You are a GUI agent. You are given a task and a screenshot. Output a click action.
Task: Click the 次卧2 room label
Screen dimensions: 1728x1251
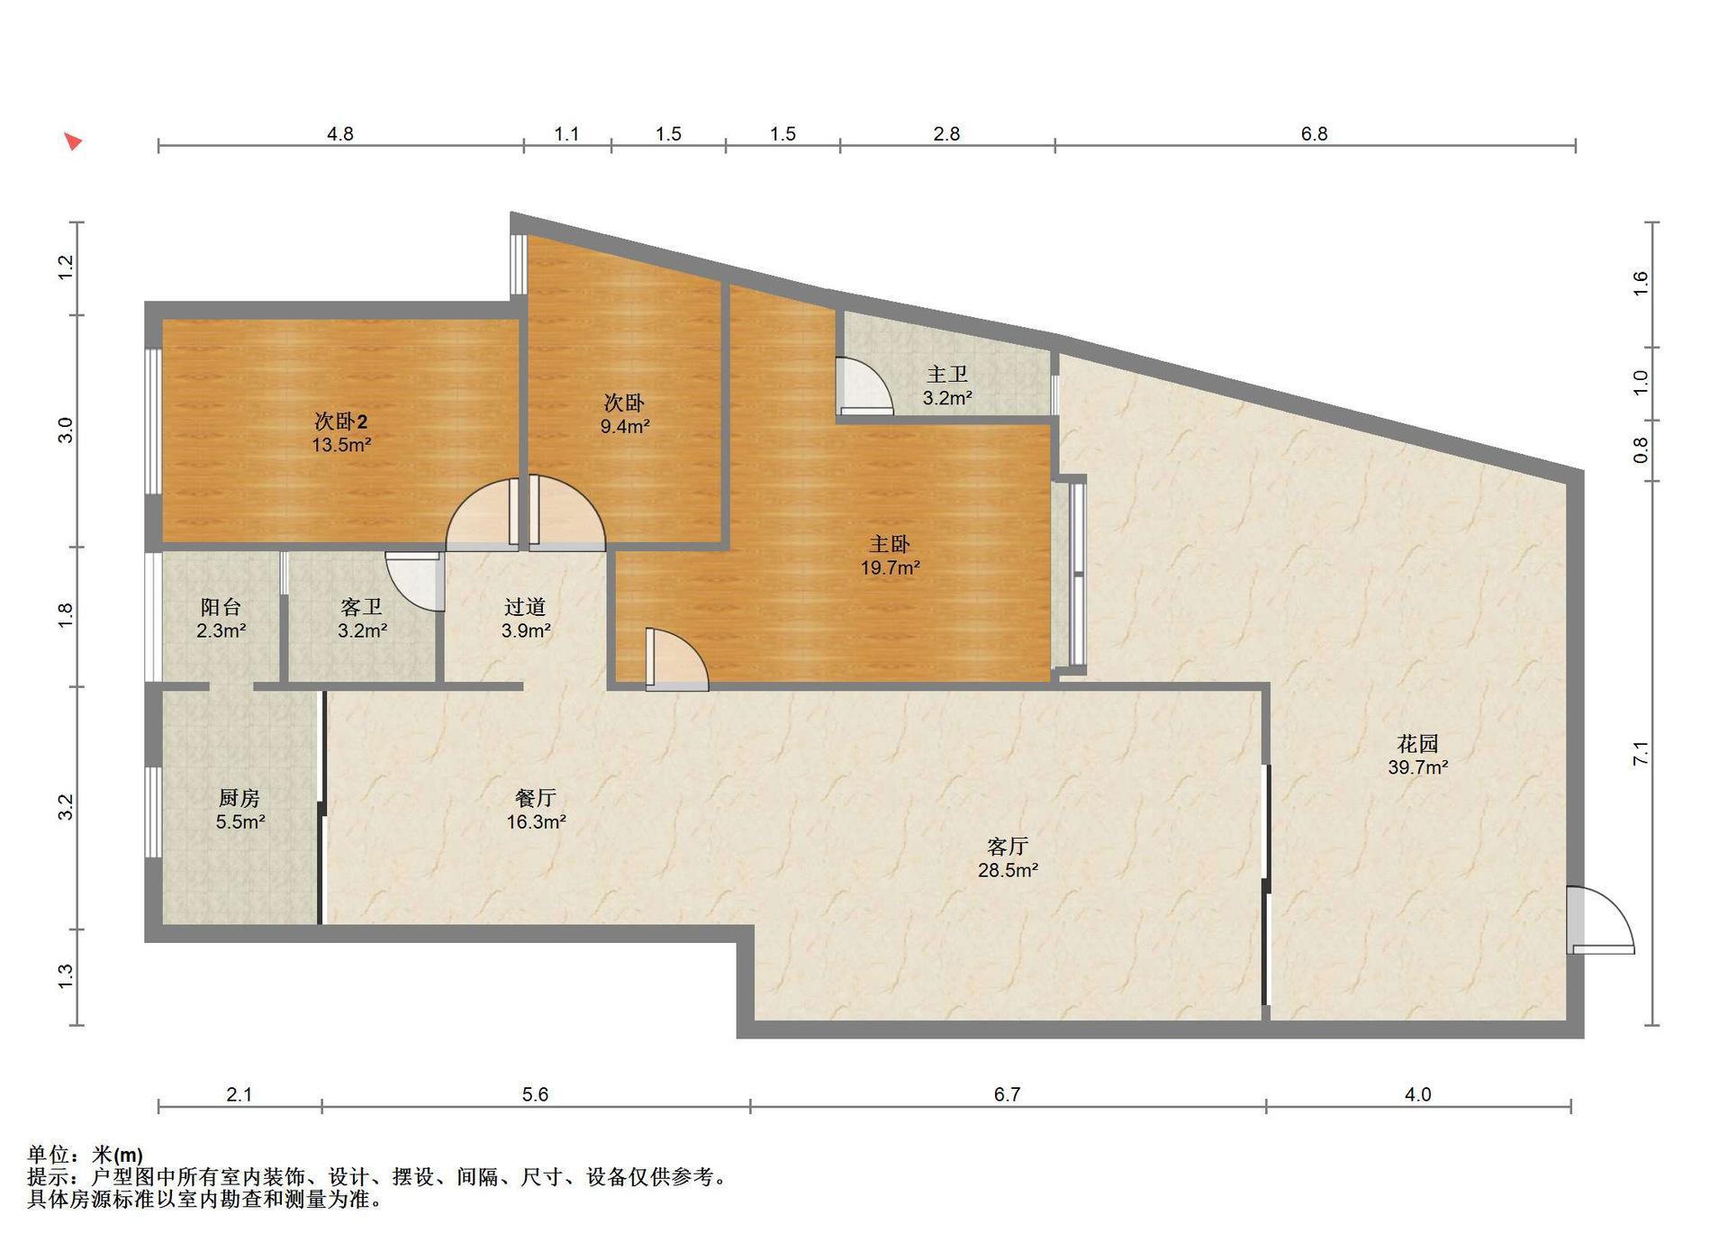(340, 421)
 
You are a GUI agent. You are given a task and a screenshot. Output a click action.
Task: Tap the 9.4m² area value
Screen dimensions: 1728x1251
(625, 426)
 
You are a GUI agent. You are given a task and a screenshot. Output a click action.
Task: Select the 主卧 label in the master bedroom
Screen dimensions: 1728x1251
(890, 544)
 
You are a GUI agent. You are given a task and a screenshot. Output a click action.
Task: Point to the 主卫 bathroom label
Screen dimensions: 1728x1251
(947, 374)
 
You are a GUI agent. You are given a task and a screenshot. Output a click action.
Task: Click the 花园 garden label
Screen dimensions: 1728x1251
(1417, 744)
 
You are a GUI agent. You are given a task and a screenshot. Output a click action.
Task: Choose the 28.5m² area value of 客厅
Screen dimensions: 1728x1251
(1008, 870)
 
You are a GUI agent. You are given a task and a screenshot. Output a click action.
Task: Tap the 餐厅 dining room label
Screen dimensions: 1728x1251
(536, 798)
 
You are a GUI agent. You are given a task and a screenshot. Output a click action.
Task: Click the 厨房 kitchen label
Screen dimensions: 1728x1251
(240, 798)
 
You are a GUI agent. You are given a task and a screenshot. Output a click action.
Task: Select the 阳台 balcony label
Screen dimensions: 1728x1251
(221, 607)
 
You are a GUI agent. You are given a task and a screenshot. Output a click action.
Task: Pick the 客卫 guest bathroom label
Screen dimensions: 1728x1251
(362, 607)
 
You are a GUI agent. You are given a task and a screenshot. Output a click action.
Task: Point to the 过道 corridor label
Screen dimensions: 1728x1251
(525, 607)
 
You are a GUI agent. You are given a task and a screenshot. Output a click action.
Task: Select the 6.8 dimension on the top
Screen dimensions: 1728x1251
(1314, 134)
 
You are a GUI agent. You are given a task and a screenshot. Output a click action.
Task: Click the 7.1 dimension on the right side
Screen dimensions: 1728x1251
(1641, 754)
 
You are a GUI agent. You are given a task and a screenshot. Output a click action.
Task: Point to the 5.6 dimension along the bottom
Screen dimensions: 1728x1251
(535, 1094)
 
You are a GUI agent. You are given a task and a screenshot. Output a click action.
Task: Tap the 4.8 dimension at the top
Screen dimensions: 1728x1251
(339, 134)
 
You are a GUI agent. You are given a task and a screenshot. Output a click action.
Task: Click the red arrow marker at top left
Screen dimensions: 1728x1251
(73, 141)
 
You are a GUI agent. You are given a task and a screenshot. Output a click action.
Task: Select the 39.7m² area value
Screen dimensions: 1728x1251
(1417, 767)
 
